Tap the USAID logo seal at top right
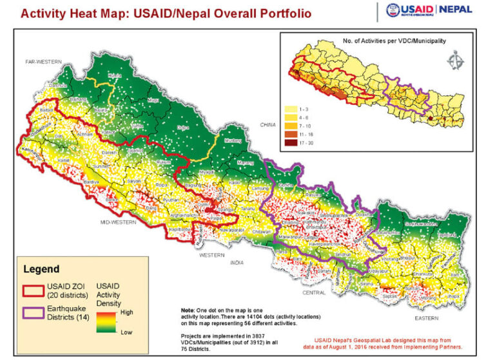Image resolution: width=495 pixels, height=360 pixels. (394, 10)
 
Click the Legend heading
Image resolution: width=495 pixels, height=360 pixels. (42, 269)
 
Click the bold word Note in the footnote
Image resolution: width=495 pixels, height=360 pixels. (188, 310)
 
